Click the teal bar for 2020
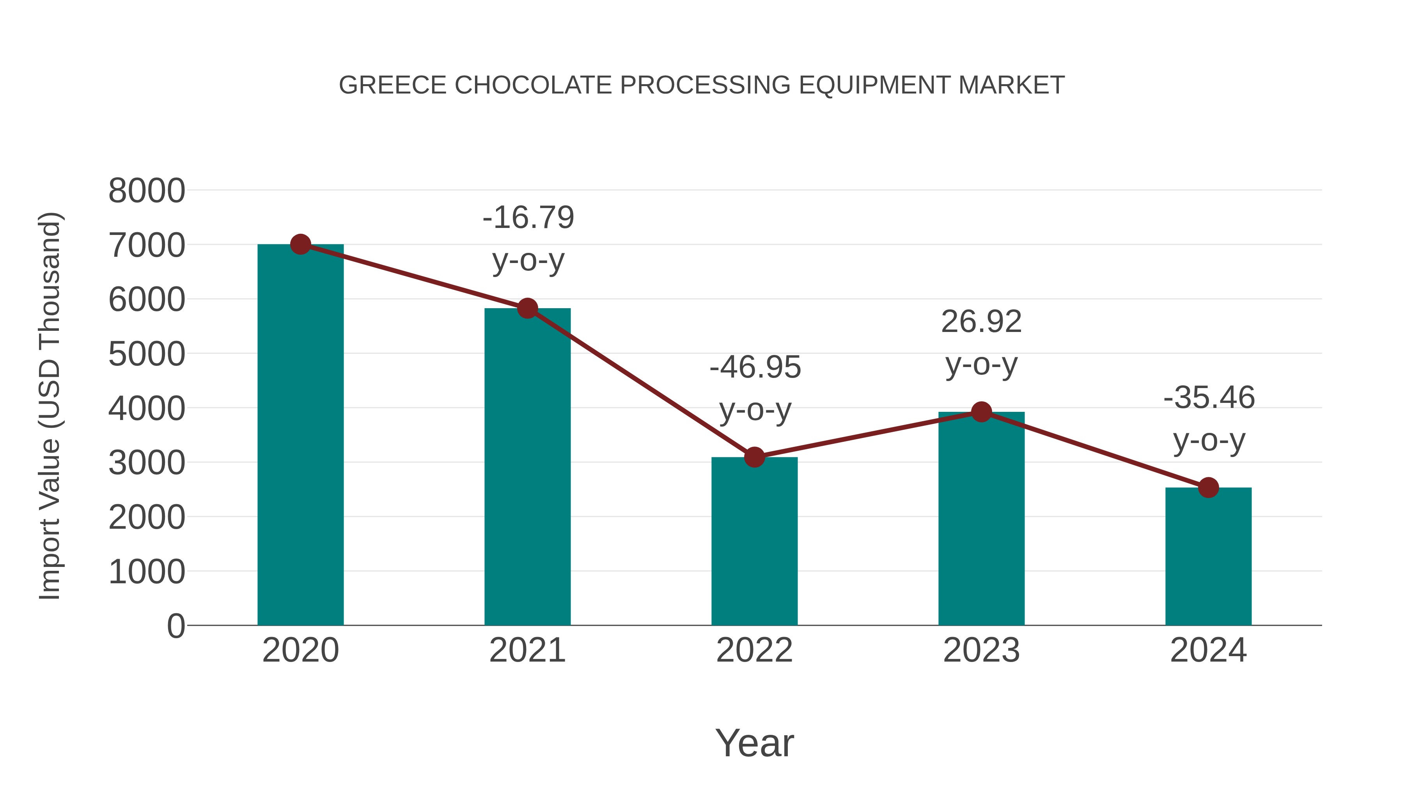point(300,436)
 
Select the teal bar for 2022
point(754,542)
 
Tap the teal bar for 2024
point(1208,556)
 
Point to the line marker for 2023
point(981,412)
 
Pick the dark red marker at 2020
point(300,244)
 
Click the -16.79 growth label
point(528,218)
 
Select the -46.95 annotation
point(755,367)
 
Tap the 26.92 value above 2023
point(981,322)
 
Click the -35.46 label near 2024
point(1209,397)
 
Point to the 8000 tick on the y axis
point(147,191)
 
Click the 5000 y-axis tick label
point(147,355)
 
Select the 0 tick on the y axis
point(175,626)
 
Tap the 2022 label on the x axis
point(754,650)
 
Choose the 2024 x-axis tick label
point(1208,650)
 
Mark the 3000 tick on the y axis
point(147,463)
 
